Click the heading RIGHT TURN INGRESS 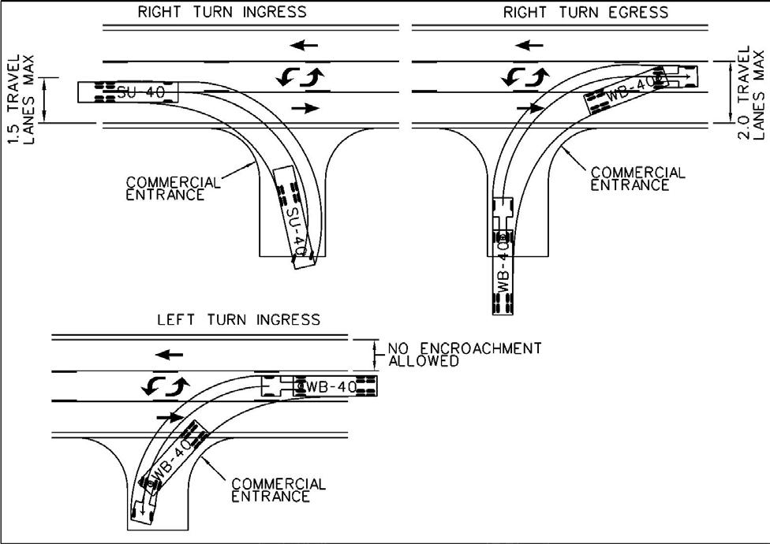(x=222, y=13)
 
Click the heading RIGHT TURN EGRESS (x=585, y=13)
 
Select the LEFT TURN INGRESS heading (x=238, y=319)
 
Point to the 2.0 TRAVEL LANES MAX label (x=750, y=93)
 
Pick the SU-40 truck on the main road (x=128, y=92)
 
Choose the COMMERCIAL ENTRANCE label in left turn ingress (x=278, y=489)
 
